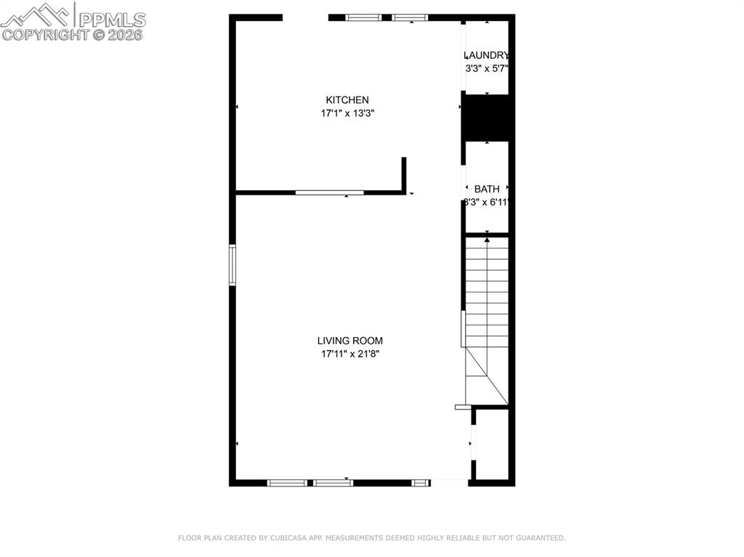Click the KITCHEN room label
(347, 99)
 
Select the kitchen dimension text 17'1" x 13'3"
(347, 113)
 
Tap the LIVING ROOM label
(349, 341)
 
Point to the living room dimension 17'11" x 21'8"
(349, 354)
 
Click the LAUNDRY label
(486, 55)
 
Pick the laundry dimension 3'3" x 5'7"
(486, 69)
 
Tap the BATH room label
(487, 189)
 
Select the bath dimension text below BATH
(486, 203)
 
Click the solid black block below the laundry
(488, 117)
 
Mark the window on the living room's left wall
(232, 265)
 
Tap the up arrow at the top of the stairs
(487, 239)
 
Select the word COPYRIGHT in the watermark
(44, 34)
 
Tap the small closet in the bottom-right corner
(490, 444)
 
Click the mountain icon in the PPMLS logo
(36, 14)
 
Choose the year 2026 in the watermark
(126, 34)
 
